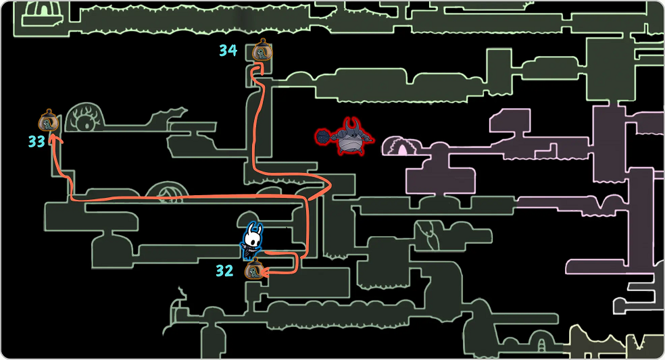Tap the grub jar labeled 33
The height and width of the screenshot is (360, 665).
pyautogui.click(x=47, y=122)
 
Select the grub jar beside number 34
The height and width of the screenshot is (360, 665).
pyautogui.click(x=262, y=51)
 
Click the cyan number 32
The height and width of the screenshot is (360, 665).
pyautogui.click(x=224, y=272)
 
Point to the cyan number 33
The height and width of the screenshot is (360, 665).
pyautogui.click(x=36, y=142)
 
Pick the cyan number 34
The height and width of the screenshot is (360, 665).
pyautogui.click(x=228, y=50)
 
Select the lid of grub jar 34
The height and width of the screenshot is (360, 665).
pyautogui.click(x=262, y=43)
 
